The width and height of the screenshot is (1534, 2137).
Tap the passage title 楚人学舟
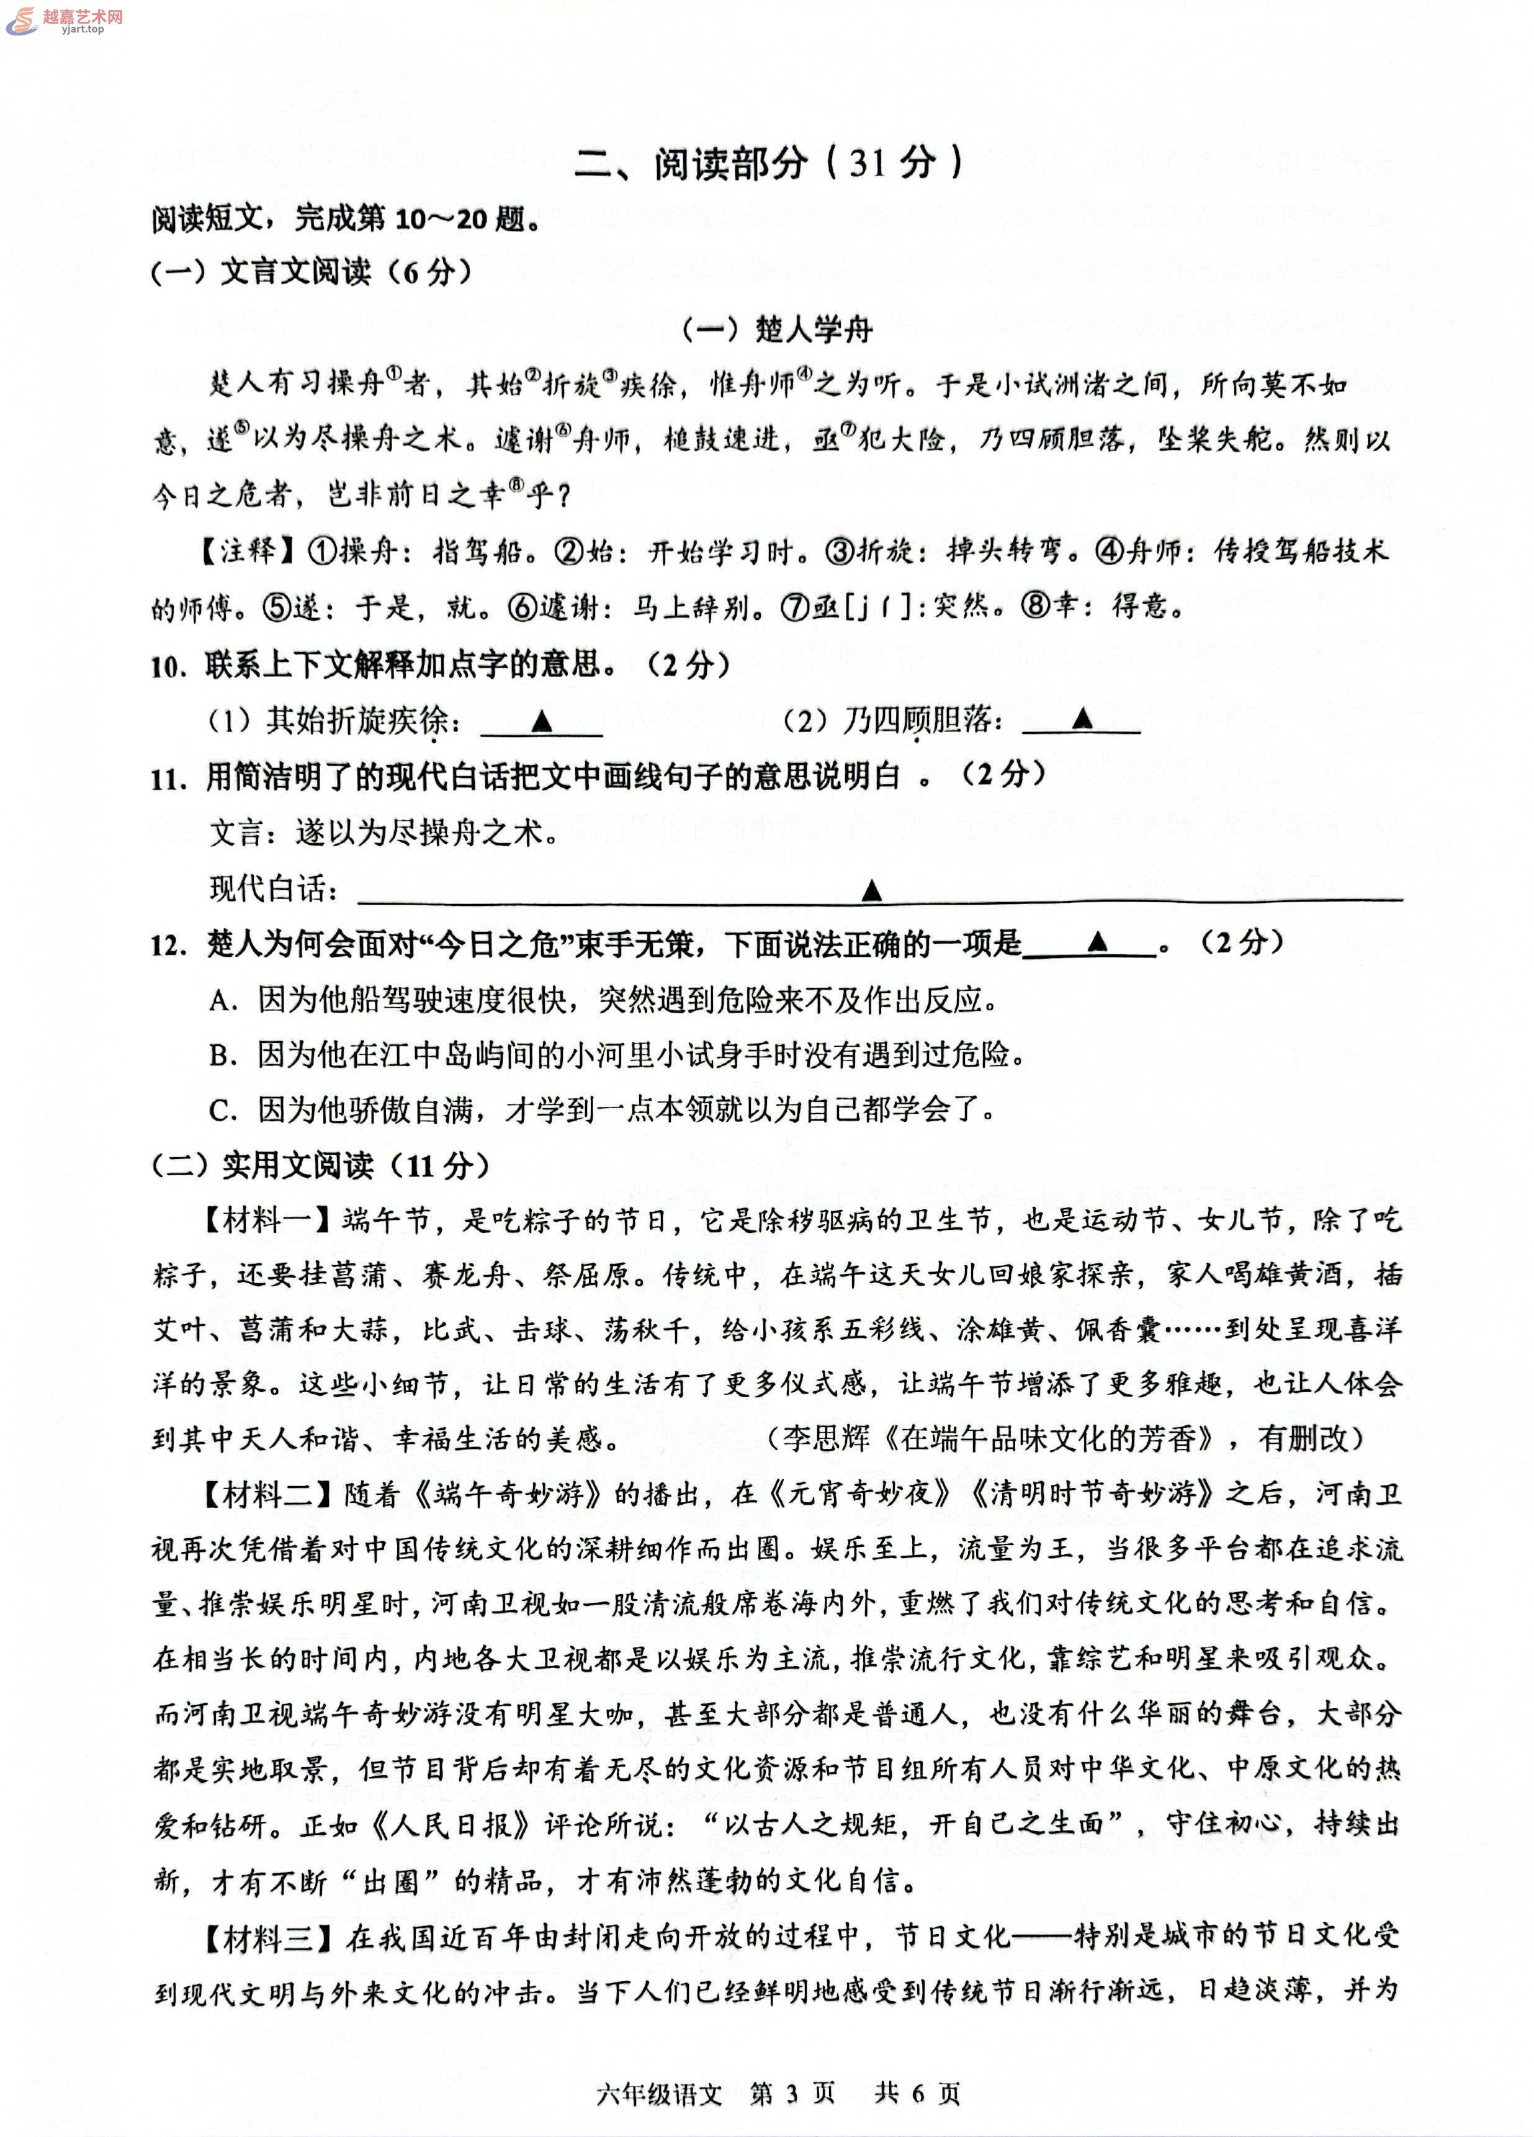(778, 329)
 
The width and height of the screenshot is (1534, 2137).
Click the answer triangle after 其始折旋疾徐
(541, 722)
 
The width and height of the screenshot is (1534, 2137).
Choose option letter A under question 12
(222, 1000)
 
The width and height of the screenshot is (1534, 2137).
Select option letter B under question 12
(222, 1055)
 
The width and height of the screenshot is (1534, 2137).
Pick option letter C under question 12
(222, 1111)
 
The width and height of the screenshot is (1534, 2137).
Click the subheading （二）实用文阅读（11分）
(320, 1165)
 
